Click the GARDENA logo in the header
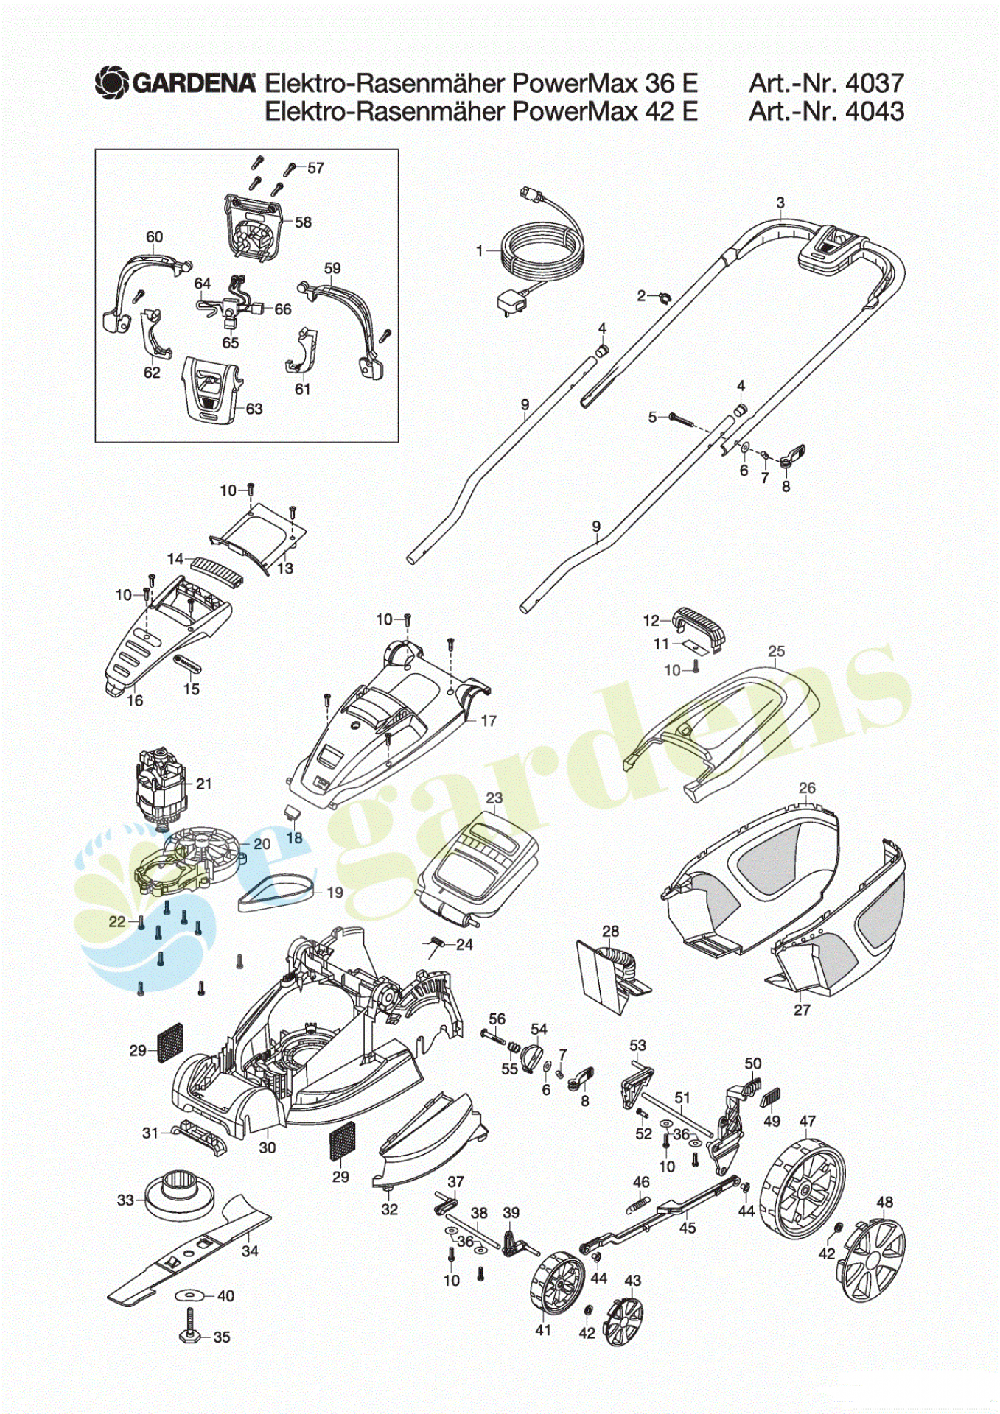[175, 82]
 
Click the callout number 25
[776, 651]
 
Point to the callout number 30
[267, 1147]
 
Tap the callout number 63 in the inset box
[254, 409]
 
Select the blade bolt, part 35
[191, 1332]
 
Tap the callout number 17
[488, 720]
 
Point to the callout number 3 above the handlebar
[780, 203]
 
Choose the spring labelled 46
[639, 1205]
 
